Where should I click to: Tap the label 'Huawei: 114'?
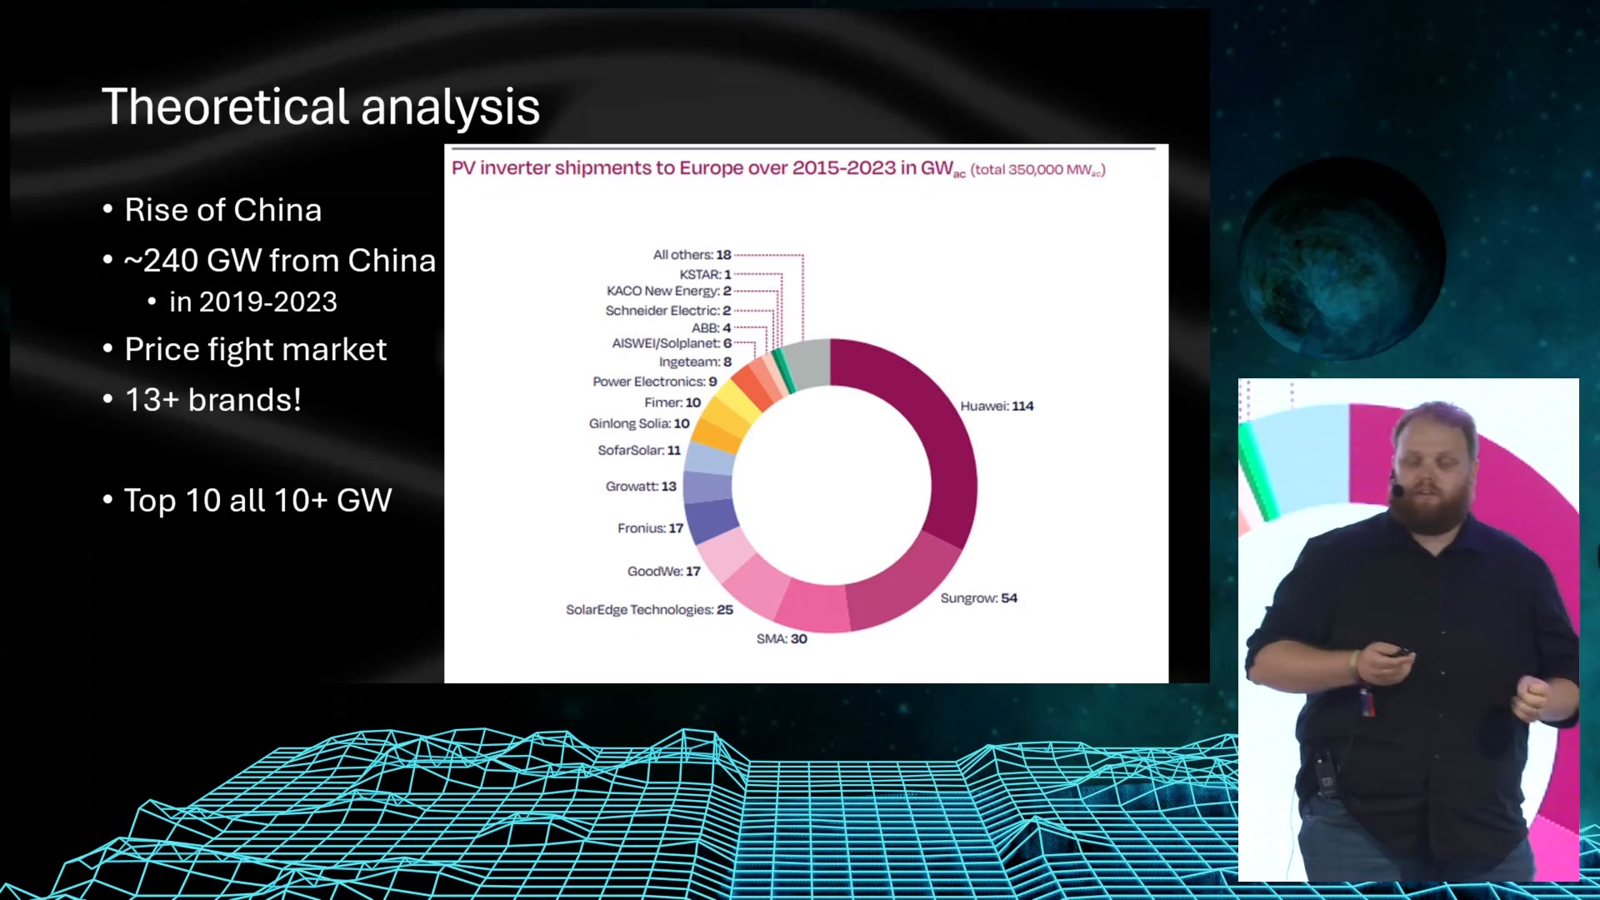997,406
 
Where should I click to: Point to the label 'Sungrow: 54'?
978,597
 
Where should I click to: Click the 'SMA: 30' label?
782,638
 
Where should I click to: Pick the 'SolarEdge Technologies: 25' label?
649,609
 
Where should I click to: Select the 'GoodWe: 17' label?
663,571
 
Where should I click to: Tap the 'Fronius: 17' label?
650,527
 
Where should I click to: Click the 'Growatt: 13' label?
641,486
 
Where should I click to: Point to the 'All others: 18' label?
692,254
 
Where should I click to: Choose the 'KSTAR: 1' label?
705,274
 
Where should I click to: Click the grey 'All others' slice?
808,363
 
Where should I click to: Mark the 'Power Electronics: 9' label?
654,381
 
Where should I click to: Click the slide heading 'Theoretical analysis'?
321,107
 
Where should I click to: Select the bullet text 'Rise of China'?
222,210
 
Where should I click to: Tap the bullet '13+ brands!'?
212,400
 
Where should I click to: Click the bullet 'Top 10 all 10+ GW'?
257,500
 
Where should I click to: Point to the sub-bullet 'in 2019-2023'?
252,302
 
